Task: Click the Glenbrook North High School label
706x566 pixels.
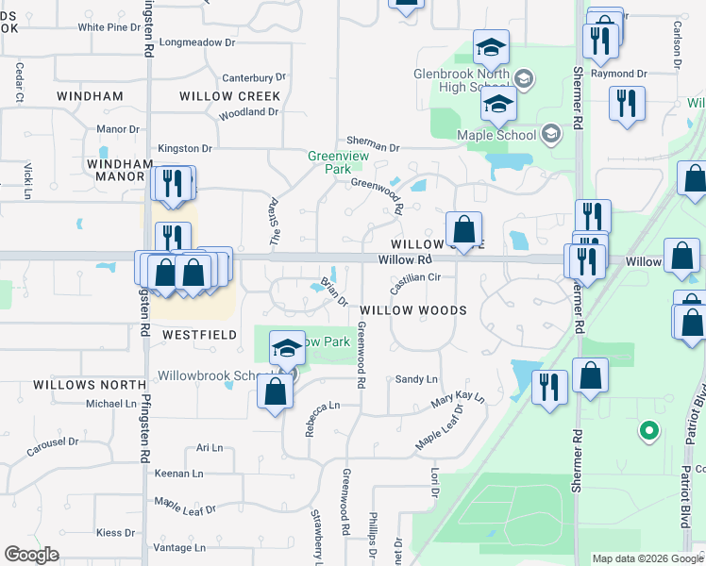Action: (462, 81)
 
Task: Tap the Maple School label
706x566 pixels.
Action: (496, 135)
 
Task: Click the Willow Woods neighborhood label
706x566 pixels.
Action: (413, 310)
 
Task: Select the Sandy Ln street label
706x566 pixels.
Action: (416, 379)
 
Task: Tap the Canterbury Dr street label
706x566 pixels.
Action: (253, 77)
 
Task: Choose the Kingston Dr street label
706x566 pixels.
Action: (184, 148)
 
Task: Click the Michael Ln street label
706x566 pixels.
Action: (111, 404)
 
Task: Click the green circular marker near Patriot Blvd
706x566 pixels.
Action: (648, 432)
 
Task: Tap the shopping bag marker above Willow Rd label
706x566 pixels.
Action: (464, 229)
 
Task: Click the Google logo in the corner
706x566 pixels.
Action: (31, 555)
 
